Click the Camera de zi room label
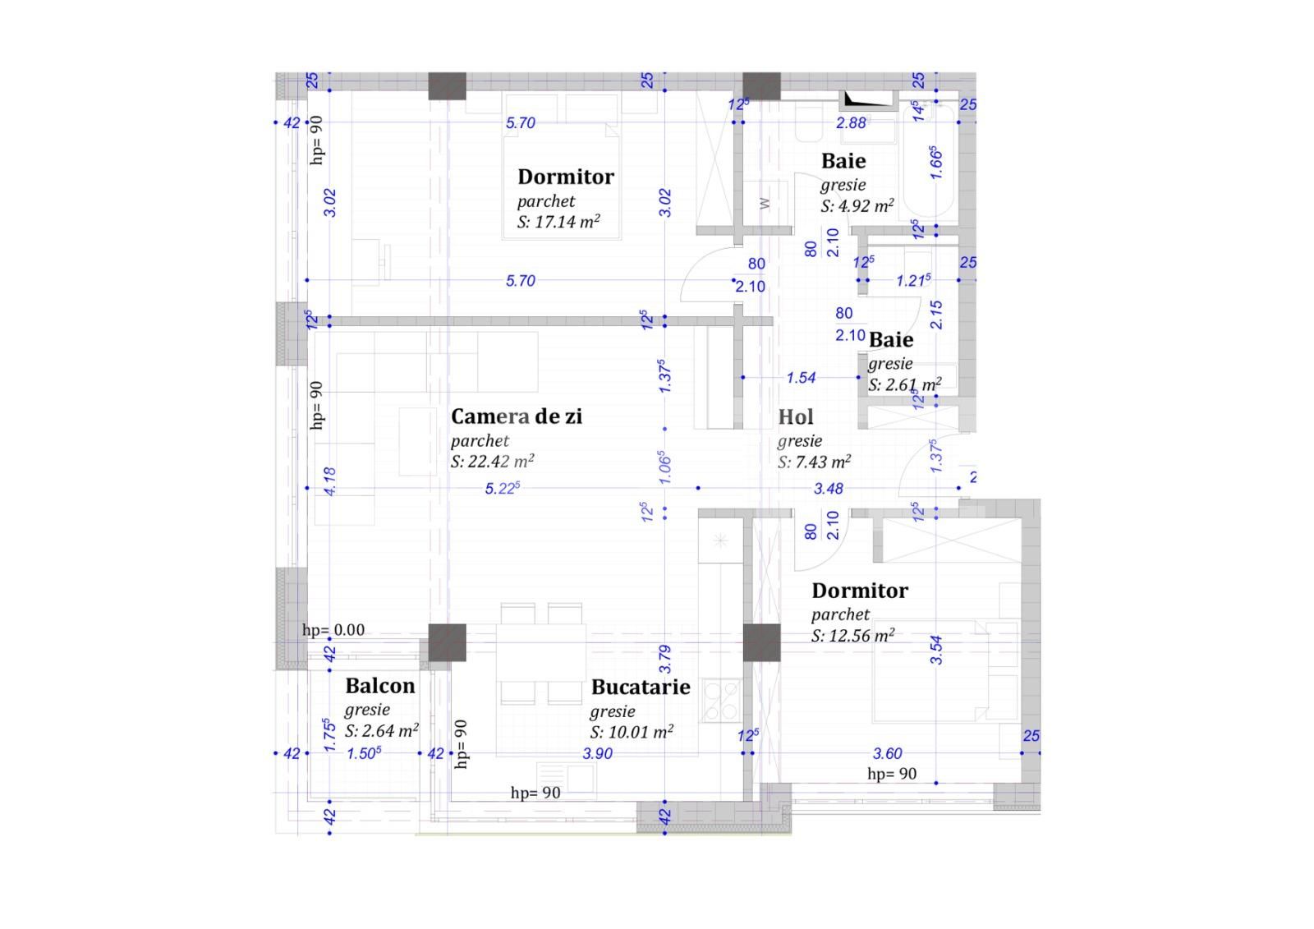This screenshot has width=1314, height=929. click(x=516, y=416)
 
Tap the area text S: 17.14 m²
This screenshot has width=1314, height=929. click(x=558, y=222)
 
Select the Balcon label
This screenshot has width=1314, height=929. click(x=379, y=686)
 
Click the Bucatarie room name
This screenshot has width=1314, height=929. click(x=640, y=687)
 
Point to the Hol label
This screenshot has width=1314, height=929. click(x=796, y=417)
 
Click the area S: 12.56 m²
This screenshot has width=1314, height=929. click(x=852, y=636)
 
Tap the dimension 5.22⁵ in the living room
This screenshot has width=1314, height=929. click(x=502, y=489)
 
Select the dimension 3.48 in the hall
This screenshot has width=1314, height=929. click(x=828, y=489)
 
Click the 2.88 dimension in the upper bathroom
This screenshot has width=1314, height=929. click(x=851, y=123)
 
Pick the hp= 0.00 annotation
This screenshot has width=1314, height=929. click(x=333, y=630)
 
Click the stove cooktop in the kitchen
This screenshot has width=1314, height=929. click(x=722, y=700)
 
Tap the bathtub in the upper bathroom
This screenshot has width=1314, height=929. click(x=928, y=160)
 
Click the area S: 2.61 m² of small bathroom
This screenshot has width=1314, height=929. click(x=904, y=384)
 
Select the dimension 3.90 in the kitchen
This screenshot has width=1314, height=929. click(x=597, y=753)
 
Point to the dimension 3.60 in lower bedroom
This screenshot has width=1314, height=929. click(x=887, y=753)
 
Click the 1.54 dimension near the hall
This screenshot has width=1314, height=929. click(x=801, y=378)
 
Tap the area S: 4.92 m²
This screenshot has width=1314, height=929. click(x=857, y=206)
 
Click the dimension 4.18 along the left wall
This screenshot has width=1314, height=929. click(x=330, y=481)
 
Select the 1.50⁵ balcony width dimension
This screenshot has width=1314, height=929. click(x=363, y=753)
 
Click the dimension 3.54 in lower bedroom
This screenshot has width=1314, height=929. click(x=936, y=650)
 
